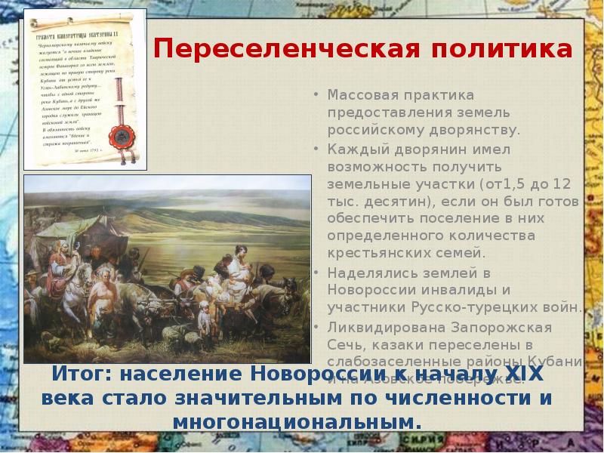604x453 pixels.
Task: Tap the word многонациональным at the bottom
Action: pyautogui.click(x=295, y=421)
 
